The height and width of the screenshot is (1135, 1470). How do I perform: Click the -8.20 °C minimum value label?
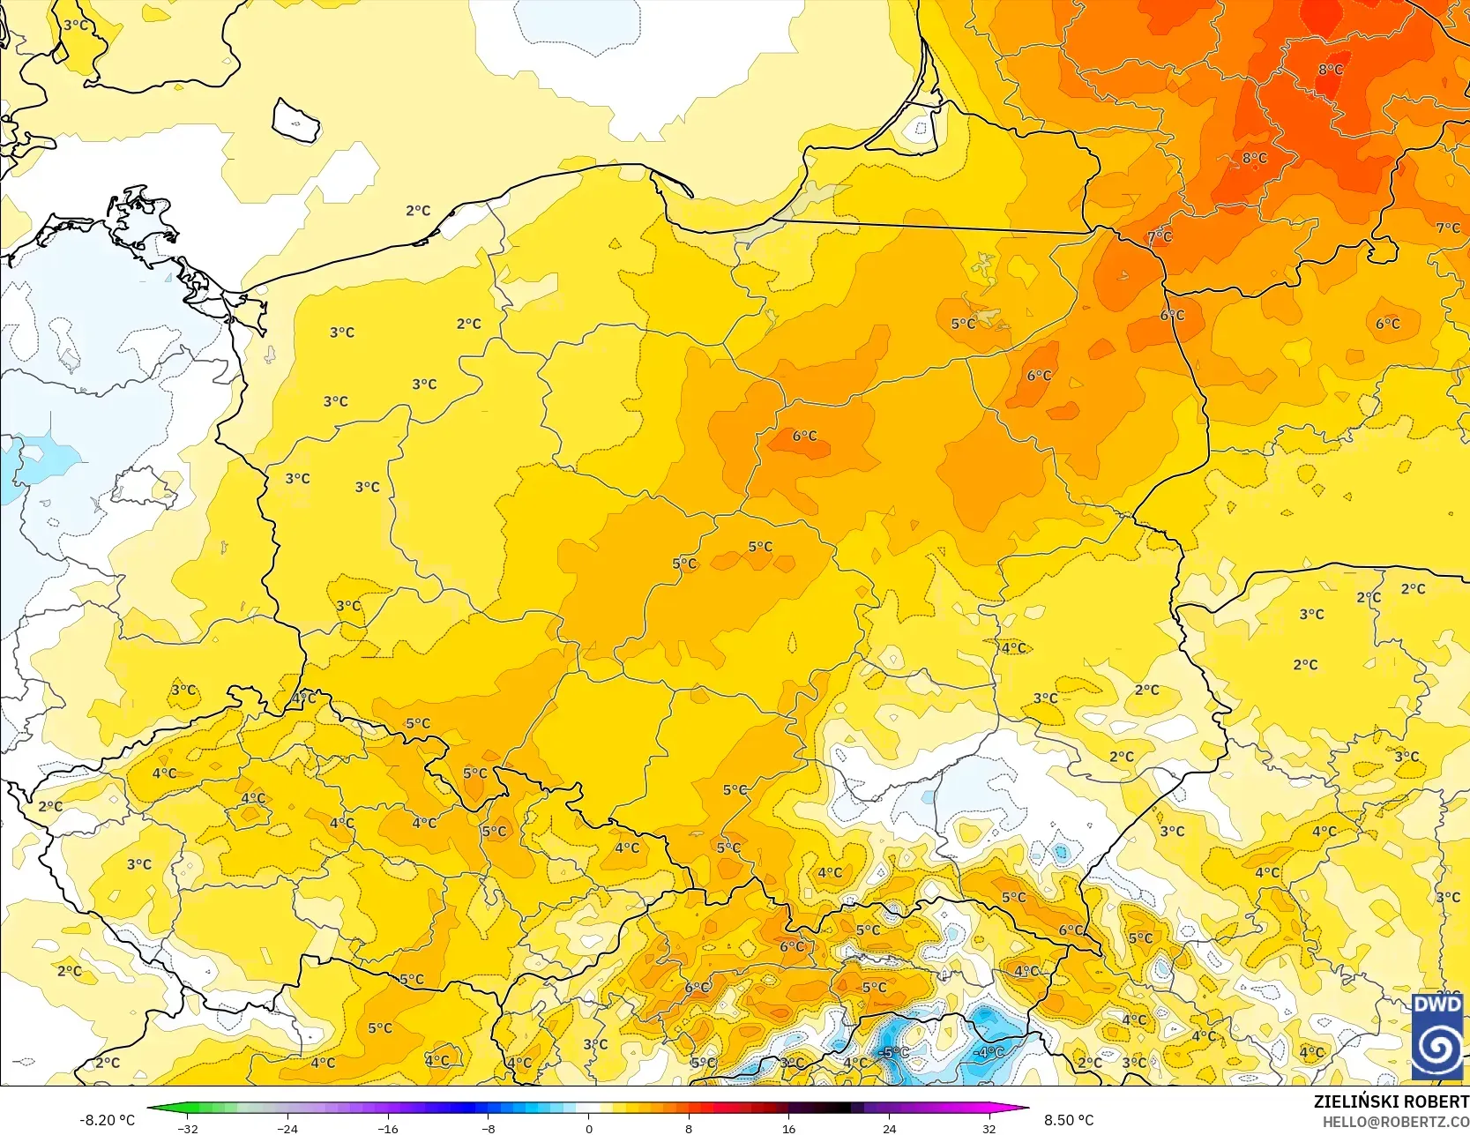click(107, 1120)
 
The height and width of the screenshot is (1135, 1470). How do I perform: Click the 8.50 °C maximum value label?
click(1069, 1120)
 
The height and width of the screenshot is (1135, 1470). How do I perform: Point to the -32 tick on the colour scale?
click(188, 1128)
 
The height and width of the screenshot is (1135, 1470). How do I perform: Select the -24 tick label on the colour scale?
click(287, 1128)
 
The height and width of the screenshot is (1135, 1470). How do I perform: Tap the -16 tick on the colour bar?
click(388, 1128)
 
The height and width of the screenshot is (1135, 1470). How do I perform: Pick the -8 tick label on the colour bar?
click(489, 1128)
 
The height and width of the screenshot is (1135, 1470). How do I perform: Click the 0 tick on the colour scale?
click(589, 1128)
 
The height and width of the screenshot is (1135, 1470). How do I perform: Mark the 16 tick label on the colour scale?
click(789, 1128)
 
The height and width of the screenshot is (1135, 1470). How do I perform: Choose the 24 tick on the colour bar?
click(889, 1128)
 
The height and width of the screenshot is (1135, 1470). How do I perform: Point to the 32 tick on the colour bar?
click(989, 1128)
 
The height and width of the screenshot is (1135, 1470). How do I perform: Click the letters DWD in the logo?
click(1437, 1005)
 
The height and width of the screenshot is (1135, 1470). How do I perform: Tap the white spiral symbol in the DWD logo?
click(1438, 1049)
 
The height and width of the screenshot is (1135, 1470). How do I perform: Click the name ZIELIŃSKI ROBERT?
click(1391, 1101)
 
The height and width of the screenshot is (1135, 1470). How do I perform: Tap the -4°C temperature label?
click(989, 1051)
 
